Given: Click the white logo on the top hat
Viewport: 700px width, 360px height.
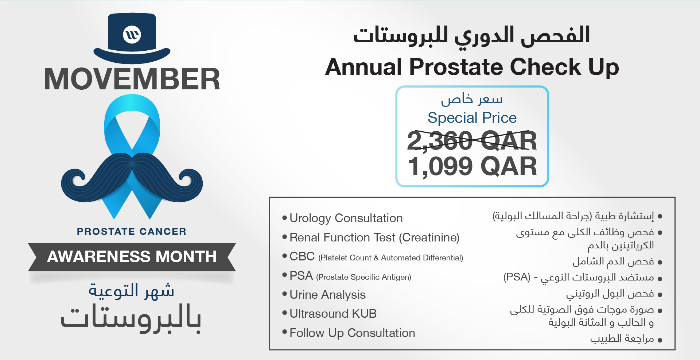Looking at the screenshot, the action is (x=132, y=35).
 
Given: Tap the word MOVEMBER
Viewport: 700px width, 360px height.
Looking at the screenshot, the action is (x=132, y=79).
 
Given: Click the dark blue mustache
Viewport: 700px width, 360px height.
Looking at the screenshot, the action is (x=132, y=177).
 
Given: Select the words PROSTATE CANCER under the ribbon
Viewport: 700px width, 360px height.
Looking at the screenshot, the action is (x=132, y=232).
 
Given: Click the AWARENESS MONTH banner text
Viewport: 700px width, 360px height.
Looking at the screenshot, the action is (x=132, y=257).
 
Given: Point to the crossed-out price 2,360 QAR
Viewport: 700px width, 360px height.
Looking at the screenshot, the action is (x=472, y=141).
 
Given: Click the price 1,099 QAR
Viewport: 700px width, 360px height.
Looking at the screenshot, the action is (x=472, y=166).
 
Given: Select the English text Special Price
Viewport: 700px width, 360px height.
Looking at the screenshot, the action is (x=472, y=118).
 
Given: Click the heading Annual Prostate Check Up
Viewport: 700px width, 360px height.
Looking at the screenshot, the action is (x=472, y=67).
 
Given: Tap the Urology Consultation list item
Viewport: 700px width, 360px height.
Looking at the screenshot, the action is (x=346, y=218).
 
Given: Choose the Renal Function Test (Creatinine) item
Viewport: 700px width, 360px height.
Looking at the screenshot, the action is (x=374, y=237).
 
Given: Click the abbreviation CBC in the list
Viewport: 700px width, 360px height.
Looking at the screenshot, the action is (x=302, y=256).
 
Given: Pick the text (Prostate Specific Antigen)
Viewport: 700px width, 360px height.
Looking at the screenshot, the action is (x=363, y=277).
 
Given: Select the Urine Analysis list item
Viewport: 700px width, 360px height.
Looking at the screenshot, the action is (x=327, y=295).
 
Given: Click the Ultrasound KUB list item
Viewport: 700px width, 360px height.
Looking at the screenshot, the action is (x=333, y=314).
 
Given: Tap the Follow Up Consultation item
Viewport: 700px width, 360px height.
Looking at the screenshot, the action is (x=352, y=333).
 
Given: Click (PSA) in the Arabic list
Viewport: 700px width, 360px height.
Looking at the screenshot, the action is (x=517, y=277).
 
